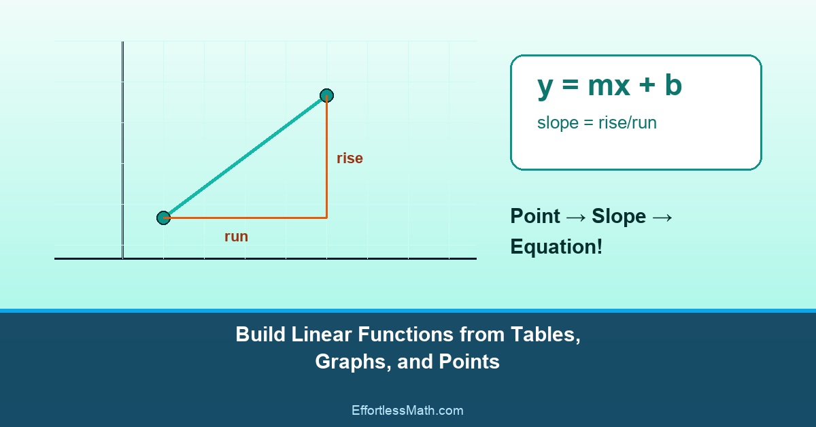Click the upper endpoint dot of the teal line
point(326,95)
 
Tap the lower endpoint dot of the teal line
point(163,218)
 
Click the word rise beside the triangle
point(350,158)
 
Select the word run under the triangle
point(236,237)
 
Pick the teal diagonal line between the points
point(245,156)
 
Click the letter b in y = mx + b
point(673,86)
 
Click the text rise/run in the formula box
point(627,123)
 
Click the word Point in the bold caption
point(535,216)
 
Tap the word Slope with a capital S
point(618,216)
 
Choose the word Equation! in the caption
point(556,247)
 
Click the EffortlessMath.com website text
point(407,410)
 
